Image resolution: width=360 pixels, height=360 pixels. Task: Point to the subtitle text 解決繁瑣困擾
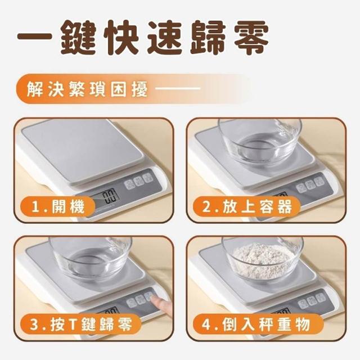pos(87,89)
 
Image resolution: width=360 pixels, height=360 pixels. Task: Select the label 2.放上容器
pos(247,206)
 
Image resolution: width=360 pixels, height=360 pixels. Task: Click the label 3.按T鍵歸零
pos(81,325)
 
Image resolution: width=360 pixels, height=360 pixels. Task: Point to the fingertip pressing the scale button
pos(154,299)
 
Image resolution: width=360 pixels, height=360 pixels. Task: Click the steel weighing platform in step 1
pos(83,151)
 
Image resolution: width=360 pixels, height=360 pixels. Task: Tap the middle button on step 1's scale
pos(139,181)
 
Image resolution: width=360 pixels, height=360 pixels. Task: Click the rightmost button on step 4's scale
pos(320,298)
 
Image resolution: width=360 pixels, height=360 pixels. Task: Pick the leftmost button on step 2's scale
pos(300,188)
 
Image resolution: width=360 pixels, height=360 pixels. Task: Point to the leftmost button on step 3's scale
pos(131,303)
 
